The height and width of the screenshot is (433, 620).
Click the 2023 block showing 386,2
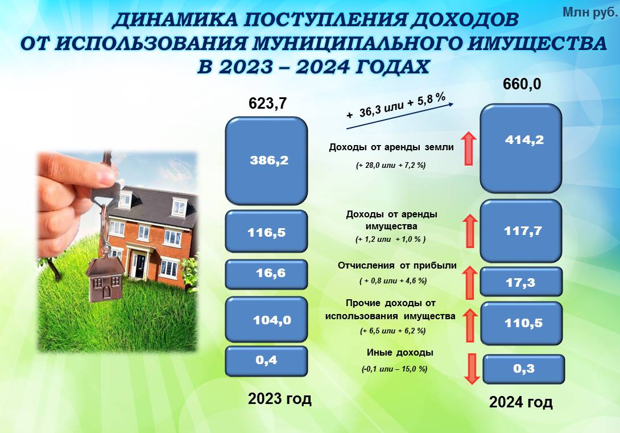pos(266,160)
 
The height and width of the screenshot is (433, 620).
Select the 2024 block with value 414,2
pos(521,149)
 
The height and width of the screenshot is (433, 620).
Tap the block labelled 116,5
pos(266,232)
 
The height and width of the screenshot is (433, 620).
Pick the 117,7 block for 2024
pos(521,231)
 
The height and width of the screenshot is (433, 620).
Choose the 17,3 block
pos(521,282)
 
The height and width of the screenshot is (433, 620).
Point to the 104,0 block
pos(266,319)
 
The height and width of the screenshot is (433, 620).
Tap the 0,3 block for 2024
pos(523,369)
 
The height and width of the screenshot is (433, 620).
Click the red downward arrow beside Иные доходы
pos(472,369)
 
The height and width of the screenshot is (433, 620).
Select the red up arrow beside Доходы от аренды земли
pos(469,149)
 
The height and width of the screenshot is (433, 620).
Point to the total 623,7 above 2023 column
pos(267,104)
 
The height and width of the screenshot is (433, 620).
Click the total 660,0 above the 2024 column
pos(522,84)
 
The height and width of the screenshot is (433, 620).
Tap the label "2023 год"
pos(279,399)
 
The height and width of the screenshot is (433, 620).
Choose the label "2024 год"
pos(521,402)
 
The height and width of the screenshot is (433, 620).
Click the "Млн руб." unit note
pos(589,13)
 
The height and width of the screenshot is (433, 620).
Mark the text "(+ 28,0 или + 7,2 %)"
pos(391,166)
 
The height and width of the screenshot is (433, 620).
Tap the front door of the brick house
pos(140,265)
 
